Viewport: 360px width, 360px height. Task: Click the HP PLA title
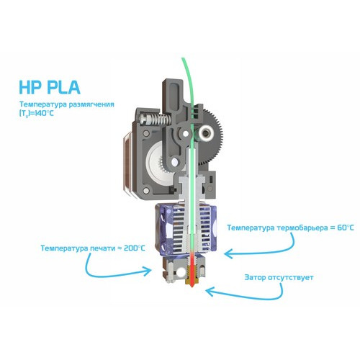pos(50,87)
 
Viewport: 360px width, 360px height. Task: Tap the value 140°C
pos(44,113)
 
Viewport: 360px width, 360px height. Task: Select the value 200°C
pos(135,248)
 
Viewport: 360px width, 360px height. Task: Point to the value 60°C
pos(346,228)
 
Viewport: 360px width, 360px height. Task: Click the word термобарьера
pos(302,228)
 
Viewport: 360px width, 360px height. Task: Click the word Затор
pos(255,277)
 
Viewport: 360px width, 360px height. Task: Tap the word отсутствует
pos(291,278)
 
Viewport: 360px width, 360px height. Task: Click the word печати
pos(103,248)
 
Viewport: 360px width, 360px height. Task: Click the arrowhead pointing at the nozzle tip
pos(210,292)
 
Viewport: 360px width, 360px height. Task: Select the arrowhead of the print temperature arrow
pos(147,271)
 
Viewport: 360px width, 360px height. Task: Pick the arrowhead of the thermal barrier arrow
pos(228,253)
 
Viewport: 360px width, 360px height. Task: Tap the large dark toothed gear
pos(212,137)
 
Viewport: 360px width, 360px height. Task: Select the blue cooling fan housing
pos(186,229)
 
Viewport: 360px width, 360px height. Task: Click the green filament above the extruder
pos(188,79)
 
